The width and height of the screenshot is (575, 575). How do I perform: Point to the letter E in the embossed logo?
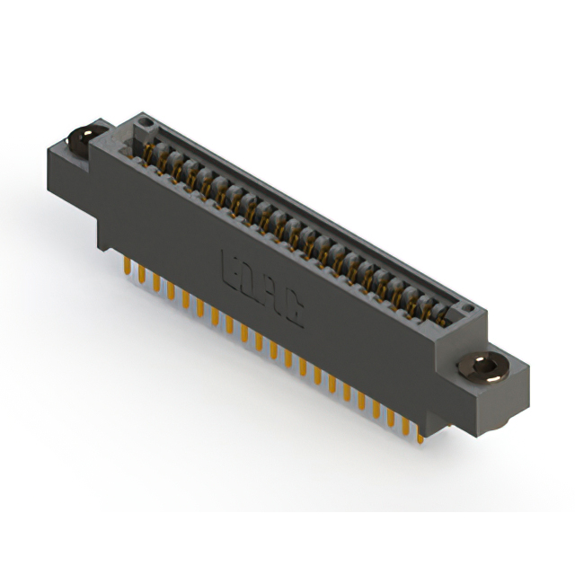pos(230,267)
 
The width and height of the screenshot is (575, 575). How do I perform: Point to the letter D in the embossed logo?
pos(251,281)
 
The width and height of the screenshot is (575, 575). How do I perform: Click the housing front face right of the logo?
pos(359,341)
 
